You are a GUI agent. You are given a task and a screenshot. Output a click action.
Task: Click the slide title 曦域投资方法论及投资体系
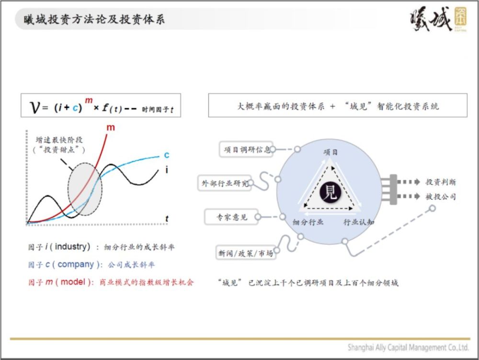coord(94,19)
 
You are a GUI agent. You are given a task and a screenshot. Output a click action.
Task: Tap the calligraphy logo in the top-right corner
coord(438,19)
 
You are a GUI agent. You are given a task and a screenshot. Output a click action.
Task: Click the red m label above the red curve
coord(111,128)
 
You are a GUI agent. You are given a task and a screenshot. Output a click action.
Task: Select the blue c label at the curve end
coord(167,155)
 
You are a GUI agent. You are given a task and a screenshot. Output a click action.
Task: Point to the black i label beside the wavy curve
coord(167,169)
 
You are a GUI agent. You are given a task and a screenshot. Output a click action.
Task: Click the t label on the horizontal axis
coord(167,219)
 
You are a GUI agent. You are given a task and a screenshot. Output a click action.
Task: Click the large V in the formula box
coord(35,107)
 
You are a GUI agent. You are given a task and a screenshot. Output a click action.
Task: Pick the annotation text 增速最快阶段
coord(59,140)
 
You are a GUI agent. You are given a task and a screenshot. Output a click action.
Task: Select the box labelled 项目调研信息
coord(246,149)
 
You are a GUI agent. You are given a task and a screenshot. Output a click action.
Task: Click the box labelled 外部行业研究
coord(225,183)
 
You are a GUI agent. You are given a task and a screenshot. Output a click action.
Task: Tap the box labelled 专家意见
coord(231,217)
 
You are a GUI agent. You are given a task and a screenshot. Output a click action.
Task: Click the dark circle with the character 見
coord(330,192)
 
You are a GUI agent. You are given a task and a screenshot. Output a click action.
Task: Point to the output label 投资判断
coord(441,182)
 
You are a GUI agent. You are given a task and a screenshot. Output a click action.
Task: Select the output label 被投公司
coord(441,197)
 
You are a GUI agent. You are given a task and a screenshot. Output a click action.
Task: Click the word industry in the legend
coord(71,247)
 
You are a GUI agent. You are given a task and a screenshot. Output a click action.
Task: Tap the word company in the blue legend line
coord(76,264)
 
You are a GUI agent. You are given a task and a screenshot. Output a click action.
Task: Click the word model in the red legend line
coord(73,281)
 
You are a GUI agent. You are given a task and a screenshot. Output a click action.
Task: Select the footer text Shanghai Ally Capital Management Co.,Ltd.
coord(408,348)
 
